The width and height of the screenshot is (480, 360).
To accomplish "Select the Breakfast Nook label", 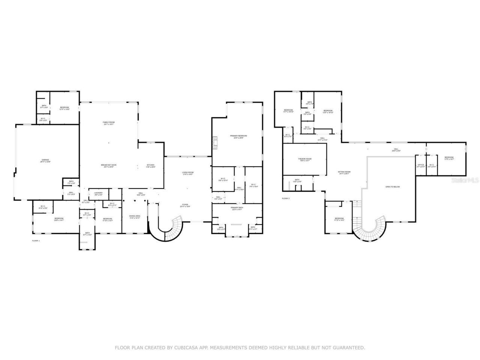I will pos(109,166).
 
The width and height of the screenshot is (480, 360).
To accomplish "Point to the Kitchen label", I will pos(150,166).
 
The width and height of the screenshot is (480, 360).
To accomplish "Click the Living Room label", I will pos(187,174).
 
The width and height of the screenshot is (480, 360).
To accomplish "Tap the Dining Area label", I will pos(135,217).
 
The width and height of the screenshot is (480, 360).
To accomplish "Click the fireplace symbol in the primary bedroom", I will pos(214,142).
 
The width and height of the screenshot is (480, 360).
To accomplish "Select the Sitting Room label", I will pos(344,172).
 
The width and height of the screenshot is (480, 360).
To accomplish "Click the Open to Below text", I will pos(393,187).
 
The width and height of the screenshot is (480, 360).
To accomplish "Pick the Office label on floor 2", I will pos(421,165).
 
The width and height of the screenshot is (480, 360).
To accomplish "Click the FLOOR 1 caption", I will pos(36,240).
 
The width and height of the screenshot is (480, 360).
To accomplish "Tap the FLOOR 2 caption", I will pos(286,198).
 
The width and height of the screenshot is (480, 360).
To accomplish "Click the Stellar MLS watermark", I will pos(465,180).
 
